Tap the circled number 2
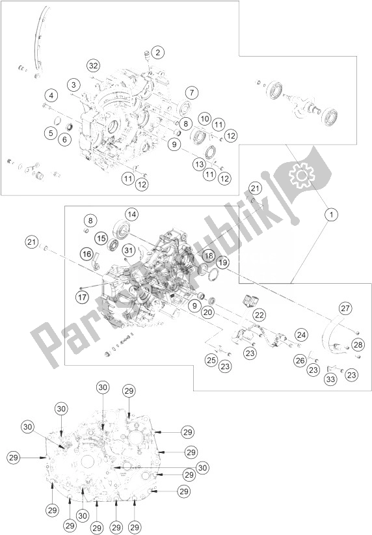point(157,53)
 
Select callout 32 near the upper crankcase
point(93,66)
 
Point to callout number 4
point(51,96)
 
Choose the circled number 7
point(192,92)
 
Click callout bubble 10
point(205,118)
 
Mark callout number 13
point(200,164)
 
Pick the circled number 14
point(131,215)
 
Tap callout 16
point(87,254)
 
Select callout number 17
point(82,297)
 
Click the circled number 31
point(128,251)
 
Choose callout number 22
point(259,314)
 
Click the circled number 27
point(345,309)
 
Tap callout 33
point(330,379)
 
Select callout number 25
point(211,360)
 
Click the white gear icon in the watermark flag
point(301,175)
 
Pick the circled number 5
point(51,133)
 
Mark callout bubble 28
point(358,344)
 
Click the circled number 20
point(208,312)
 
